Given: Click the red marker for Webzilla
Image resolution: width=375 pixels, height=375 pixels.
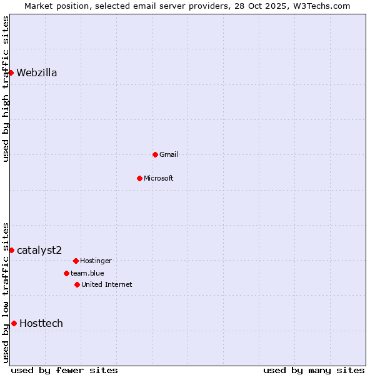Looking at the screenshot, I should [11, 73].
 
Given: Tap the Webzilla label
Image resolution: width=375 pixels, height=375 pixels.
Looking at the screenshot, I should [37, 73].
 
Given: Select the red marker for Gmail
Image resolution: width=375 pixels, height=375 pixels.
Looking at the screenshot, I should [155, 154].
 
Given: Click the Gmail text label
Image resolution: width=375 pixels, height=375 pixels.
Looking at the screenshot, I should [169, 154].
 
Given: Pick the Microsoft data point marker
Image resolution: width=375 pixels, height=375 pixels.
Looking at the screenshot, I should [139, 178].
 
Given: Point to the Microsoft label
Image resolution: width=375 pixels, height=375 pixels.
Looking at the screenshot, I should [159, 178].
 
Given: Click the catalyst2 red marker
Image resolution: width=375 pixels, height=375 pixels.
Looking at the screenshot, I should [11, 251].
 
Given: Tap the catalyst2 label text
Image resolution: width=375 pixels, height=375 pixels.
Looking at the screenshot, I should [39, 251].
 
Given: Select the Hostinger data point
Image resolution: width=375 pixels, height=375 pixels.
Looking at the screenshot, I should [76, 261].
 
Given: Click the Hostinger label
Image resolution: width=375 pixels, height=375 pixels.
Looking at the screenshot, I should [96, 261].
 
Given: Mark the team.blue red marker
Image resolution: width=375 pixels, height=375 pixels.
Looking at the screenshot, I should [66, 273].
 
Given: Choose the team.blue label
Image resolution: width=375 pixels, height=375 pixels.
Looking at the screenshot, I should [87, 273].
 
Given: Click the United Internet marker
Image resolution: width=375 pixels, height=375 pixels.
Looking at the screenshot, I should [77, 284].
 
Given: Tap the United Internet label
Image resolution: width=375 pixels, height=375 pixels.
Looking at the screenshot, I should [107, 284].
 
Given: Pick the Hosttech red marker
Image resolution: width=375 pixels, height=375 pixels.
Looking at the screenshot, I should [14, 323].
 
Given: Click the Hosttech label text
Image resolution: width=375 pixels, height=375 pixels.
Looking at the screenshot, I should [41, 323].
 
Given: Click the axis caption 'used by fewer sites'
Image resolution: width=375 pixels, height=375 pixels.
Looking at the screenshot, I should [64, 370].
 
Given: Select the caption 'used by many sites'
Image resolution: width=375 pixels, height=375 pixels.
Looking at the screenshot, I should [314, 370].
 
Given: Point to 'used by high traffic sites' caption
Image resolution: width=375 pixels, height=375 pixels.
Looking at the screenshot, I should [6, 89].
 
